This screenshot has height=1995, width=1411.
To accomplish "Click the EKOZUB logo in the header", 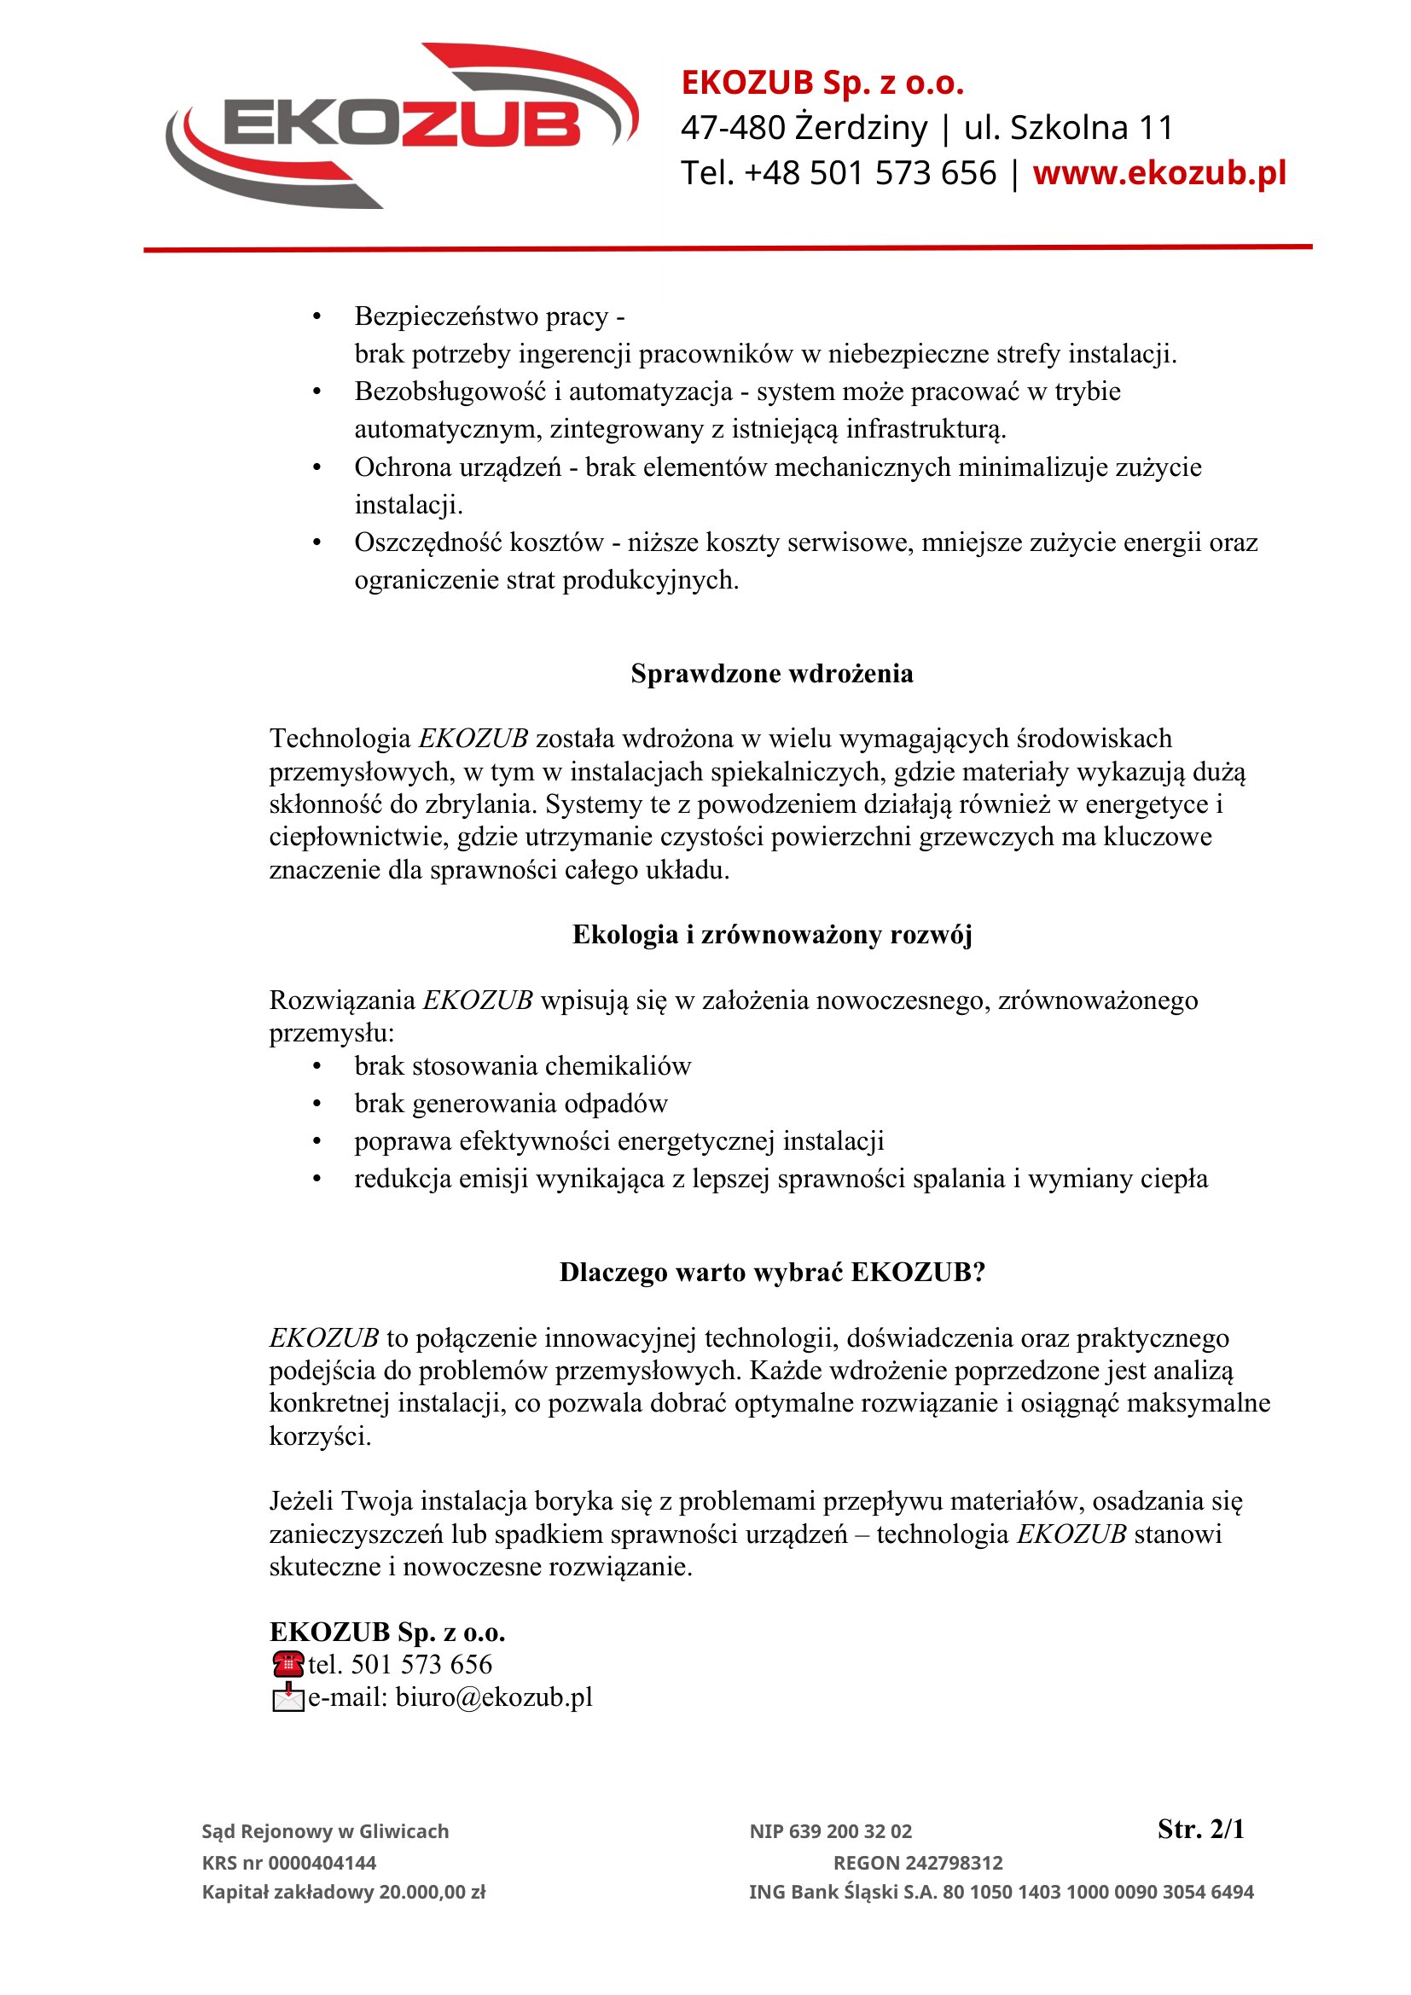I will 402,126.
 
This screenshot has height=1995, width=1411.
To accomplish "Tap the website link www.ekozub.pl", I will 1159,173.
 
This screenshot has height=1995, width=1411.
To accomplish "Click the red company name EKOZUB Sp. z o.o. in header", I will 822,83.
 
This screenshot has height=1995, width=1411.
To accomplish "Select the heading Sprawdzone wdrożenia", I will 771,674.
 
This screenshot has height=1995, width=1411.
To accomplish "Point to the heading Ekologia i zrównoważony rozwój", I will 771,935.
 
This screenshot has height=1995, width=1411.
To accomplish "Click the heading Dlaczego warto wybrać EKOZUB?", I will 771,1272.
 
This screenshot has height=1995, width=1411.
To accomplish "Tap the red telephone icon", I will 287,1664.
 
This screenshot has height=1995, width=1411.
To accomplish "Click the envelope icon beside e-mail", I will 287,1697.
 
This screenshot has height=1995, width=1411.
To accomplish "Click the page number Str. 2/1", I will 1201,1829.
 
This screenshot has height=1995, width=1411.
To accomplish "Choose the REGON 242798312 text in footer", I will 918,1863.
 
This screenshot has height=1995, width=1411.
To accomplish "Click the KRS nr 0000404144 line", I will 289,1863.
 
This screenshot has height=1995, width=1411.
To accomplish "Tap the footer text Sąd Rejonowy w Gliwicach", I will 325,1831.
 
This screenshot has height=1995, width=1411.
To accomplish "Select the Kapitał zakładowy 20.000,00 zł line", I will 344,1893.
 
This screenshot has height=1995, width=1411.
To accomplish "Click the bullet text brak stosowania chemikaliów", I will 522,1066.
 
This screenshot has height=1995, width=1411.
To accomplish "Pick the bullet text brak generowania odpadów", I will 511,1104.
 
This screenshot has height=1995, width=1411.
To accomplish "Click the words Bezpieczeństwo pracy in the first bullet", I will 481,316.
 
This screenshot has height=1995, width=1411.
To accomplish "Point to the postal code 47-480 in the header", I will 733,128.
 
